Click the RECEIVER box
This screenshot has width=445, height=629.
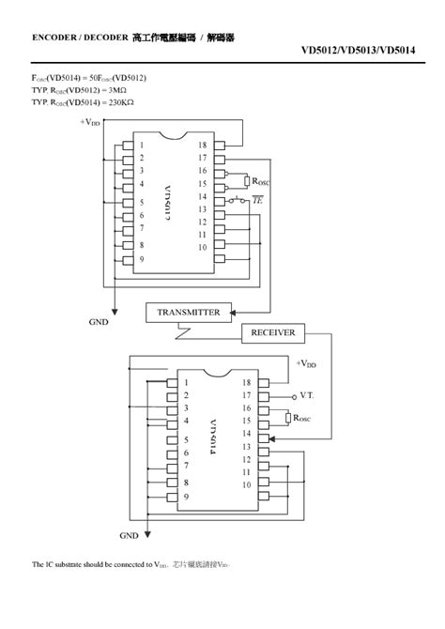pos(273,332)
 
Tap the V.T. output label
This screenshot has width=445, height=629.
pos(307,395)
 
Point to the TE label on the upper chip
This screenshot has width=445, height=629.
pos(259,200)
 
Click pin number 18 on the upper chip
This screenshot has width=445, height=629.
pos(202,145)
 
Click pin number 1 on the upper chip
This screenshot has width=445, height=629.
pos(142,145)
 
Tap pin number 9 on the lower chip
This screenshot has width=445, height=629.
pos(186,496)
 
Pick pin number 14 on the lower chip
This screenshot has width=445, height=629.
pos(247,434)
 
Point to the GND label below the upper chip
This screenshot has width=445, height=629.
pos(99,321)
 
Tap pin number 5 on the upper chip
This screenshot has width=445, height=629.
pos(142,202)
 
